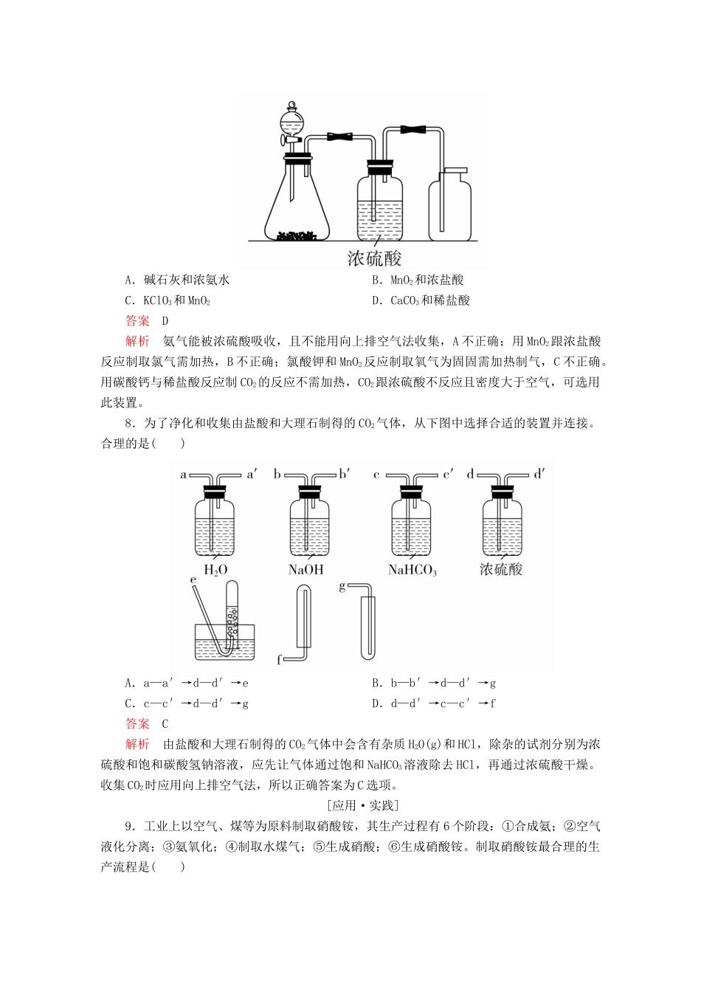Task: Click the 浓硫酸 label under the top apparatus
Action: tap(374, 258)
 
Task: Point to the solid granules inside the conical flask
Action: tap(297, 235)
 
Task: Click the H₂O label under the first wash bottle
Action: tap(215, 570)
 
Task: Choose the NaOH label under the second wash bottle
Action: tap(305, 570)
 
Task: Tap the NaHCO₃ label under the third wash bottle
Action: tap(412, 570)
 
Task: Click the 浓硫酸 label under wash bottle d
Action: tap(501, 569)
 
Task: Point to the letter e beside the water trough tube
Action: tap(193, 581)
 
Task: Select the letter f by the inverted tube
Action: tap(279, 660)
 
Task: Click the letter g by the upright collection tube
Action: tap(342, 587)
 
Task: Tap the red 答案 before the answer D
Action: tap(137, 320)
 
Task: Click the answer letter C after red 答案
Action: tap(165, 724)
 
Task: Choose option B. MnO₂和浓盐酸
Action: tap(418, 280)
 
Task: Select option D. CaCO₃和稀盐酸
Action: tap(421, 300)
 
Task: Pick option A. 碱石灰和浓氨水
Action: tap(177, 280)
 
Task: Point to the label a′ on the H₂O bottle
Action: tap(252, 475)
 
